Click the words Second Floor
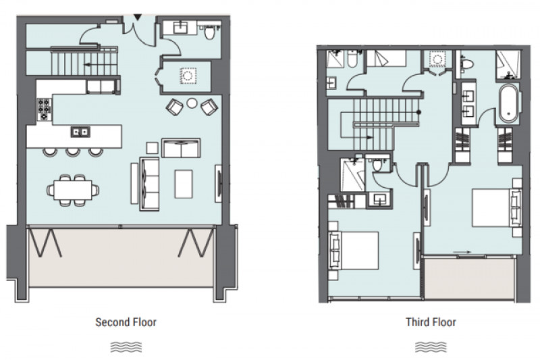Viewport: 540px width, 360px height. click(x=126, y=322)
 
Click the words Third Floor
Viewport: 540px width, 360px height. click(x=431, y=322)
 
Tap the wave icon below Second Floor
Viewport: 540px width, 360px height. click(x=126, y=347)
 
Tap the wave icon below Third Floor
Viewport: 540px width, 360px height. click(x=431, y=347)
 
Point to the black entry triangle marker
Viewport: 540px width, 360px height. click(x=138, y=17)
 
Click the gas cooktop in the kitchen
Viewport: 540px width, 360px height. click(x=44, y=109)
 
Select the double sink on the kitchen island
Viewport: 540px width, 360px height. click(x=80, y=132)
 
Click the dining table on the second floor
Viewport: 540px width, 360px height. click(x=73, y=190)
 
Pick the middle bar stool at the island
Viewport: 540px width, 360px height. click(x=73, y=151)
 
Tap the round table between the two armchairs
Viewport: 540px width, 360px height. click(x=192, y=103)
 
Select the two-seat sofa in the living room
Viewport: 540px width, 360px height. click(x=181, y=148)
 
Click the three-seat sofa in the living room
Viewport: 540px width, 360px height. click(x=149, y=184)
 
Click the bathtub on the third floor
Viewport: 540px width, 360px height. click(x=509, y=103)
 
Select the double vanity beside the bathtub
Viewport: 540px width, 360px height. click(x=468, y=103)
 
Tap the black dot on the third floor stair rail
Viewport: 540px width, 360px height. click(x=418, y=112)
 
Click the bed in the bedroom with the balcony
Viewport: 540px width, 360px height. click(x=497, y=208)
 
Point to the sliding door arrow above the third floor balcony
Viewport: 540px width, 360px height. click(x=462, y=252)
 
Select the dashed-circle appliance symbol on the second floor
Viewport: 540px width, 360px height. click(x=188, y=76)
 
